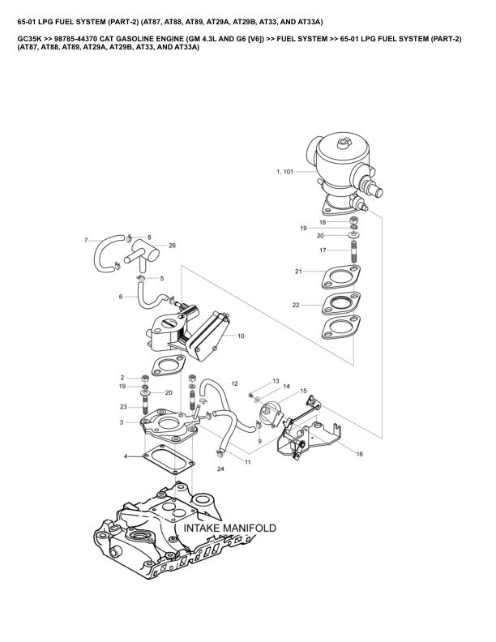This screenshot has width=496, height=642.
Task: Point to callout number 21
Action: (x=298, y=271)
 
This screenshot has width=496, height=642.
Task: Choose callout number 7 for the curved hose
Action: (x=86, y=240)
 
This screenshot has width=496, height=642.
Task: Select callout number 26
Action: (x=172, y=245)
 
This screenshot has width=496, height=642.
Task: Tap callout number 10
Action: (x=241, y=334)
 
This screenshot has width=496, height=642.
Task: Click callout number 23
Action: (x=122, y=407)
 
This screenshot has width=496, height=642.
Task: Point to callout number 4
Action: (x=126, y=457)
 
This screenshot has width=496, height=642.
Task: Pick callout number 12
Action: (x=234, y=383)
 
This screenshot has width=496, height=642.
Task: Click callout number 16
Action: (x=359, y=454)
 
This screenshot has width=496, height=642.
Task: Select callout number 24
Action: (x=220, y=469)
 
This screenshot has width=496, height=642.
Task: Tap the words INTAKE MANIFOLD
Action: (x=230, y=528)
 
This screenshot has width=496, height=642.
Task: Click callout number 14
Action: (x=286, y=388)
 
